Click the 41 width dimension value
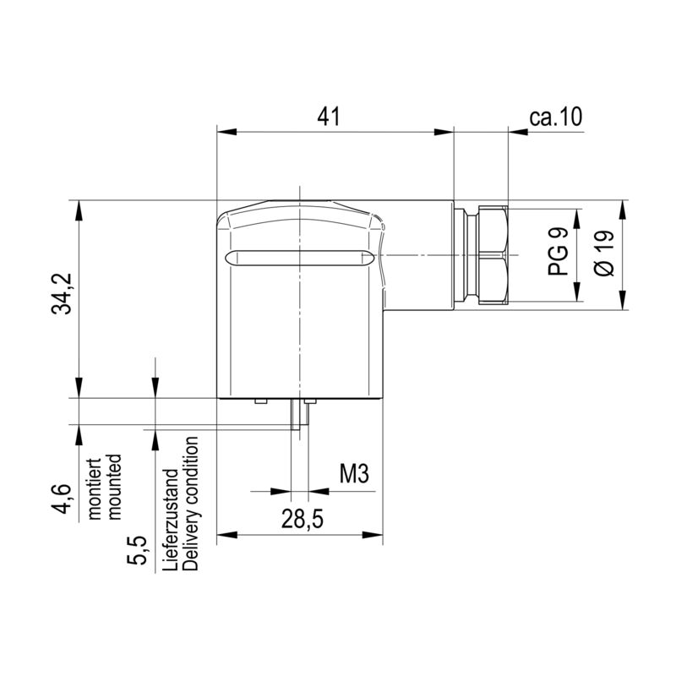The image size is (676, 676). pyautogui.click(x=329, y=117)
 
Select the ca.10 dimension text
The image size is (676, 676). pyautogui.click(x=556, y=117)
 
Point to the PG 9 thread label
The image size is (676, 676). pyautogui.click(x=559, y=252)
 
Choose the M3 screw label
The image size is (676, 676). pyautogui.click(x=354, y=474)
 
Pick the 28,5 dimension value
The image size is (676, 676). pyautogui.click(x=303, y=519)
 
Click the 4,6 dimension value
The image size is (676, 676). pyautogui.click(x=61, y=499)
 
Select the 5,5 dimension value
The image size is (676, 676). pyautogui.click(x=137, y=551)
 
